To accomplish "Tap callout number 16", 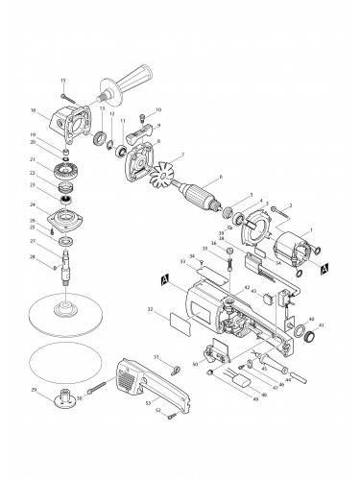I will [60, 111].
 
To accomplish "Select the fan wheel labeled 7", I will [157, 177].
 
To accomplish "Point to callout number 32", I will [149, 309].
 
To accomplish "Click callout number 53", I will [148, 406].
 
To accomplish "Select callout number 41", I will [322, 325].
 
